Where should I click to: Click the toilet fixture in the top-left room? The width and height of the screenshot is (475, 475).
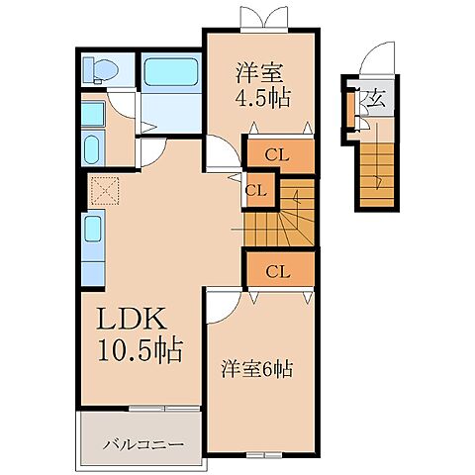point(102,69)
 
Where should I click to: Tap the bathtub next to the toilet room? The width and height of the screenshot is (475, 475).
point(171,74)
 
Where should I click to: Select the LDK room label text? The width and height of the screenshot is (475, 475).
point(135,322)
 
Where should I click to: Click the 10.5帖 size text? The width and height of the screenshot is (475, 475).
point(139,350)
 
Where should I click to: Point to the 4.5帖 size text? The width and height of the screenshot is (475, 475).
point(263,99)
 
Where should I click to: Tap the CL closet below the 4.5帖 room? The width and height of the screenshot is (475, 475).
point(278,154)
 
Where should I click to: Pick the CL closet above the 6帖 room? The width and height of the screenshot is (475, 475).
point(278,269)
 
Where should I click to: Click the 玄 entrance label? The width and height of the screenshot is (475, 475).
point(376,98)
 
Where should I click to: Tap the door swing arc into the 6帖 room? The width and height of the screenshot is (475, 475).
point(223,304)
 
